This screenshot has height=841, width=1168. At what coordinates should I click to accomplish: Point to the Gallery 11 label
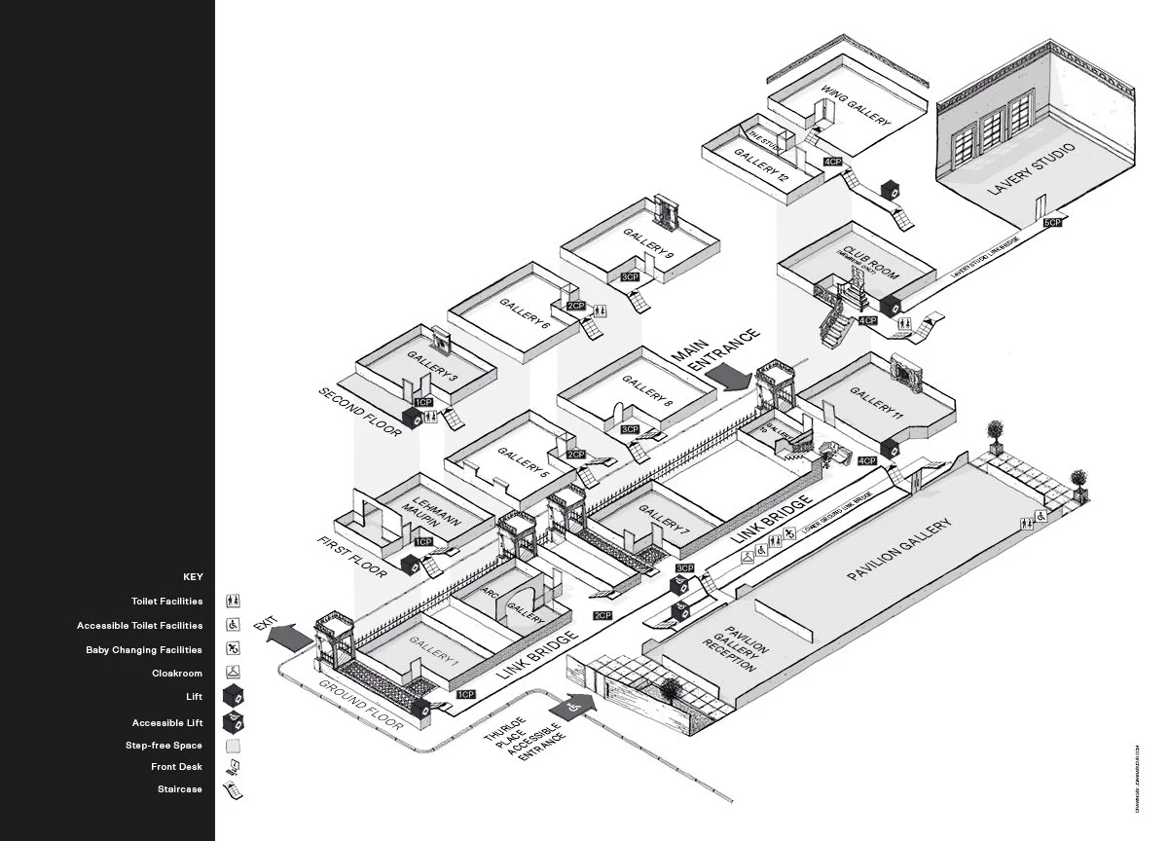[877, 401]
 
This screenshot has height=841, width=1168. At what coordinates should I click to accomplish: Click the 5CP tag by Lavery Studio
[1052, 223]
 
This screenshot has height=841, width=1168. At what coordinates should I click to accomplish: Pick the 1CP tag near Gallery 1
[465, 694]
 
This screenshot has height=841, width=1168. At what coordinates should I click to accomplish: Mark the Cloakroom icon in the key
[234, 673]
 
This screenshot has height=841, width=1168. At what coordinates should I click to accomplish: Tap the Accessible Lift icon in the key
[234, 723]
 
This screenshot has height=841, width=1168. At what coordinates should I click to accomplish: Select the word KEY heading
[193, 577]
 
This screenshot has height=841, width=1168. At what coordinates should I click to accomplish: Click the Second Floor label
[358, 412]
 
